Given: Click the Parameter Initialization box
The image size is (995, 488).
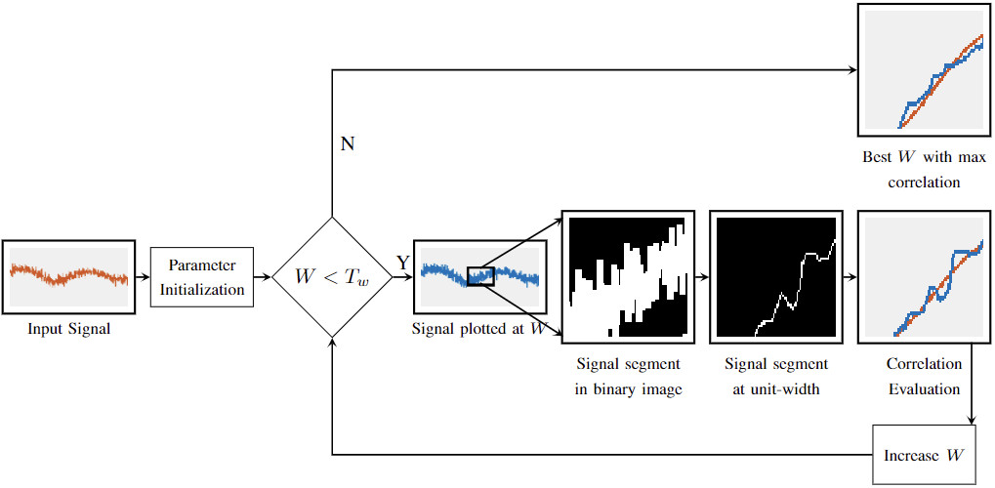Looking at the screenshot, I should coord(202,276).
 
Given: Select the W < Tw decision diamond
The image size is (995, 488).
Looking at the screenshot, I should coord(332,277).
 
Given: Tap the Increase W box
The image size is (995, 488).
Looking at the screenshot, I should coord(925,455).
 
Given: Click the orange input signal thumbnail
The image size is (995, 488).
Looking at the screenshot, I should coord(68,276).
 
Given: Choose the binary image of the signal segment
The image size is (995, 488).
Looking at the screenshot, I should coord(628,276).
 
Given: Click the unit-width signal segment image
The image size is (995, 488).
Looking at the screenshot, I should coord(776,276).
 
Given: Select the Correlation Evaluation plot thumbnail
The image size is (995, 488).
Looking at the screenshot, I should coord(924,276).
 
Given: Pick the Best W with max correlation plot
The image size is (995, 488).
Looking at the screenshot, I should coord(924,69).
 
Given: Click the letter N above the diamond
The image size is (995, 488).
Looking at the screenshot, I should coord(347,144).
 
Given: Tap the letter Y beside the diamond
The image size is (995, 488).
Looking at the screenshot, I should coord(401,263).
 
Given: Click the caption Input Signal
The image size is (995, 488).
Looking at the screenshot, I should coord(68,329).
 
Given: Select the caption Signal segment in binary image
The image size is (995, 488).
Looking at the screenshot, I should coord(628,376).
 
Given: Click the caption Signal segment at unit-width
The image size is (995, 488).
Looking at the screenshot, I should coord(776,376).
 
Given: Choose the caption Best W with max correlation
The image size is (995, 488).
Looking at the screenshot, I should coord(924,169).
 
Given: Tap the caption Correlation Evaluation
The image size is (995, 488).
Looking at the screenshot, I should coord(924,376).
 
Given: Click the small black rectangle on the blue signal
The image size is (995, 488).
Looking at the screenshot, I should coord(481,276).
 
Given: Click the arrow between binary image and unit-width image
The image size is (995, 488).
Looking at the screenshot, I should coord(702,277).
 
